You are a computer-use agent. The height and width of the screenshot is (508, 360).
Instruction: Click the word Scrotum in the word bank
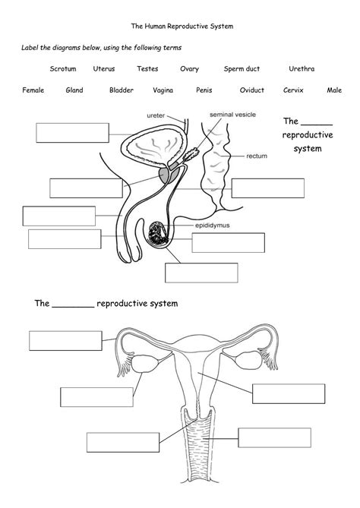(63, 68)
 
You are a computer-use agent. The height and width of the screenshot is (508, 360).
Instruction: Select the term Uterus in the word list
(104, 68)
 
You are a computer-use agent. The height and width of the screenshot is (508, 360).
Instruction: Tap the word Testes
(147, 68)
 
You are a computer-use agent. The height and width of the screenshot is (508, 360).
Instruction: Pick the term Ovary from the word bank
(189, 68)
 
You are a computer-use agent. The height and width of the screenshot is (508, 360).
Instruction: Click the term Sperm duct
(242, 68)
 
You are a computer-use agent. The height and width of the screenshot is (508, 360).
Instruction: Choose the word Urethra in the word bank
(302, 68)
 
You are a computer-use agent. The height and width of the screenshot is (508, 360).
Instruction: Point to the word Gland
(74, 90)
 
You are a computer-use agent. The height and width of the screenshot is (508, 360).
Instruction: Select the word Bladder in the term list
(122, 90)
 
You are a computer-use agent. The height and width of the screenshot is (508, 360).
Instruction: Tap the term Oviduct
(251, 90)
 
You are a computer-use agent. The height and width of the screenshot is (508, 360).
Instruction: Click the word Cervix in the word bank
(293, 90)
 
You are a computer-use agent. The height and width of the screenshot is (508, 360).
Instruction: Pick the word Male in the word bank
(334, 90)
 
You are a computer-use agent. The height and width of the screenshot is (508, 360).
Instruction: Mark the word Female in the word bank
(33, 90)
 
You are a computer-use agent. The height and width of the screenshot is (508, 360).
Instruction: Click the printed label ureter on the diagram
(154, 115)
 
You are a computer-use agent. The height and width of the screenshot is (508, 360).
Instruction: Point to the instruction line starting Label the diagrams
(100, 47)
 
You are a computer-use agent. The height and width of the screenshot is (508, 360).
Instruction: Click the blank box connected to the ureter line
(71, 132)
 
